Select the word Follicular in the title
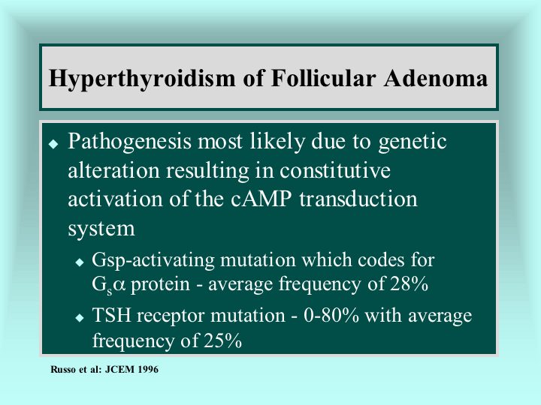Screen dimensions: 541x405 [323, 78]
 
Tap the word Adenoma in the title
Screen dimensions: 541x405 [435, 78]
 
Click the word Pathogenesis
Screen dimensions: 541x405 [129, 142]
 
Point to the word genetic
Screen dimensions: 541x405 [413, 142]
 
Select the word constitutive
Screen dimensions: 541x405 [334, 170]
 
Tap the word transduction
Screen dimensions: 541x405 [358, 199]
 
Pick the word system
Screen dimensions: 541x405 [101, 229]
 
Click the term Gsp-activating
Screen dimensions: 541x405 [153, 261]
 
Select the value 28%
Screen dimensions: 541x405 [410, 283]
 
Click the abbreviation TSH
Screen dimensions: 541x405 [111, 315]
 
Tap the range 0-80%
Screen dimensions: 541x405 [331, 315]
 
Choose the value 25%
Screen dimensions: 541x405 [222, 340]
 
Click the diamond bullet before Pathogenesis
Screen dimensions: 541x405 [53, 143]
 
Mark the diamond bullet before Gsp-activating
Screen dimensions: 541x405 [80, 262]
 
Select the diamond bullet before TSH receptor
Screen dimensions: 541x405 [80, 317]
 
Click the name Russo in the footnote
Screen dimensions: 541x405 [63, 370]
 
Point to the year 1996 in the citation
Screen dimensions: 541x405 [148, 370]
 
